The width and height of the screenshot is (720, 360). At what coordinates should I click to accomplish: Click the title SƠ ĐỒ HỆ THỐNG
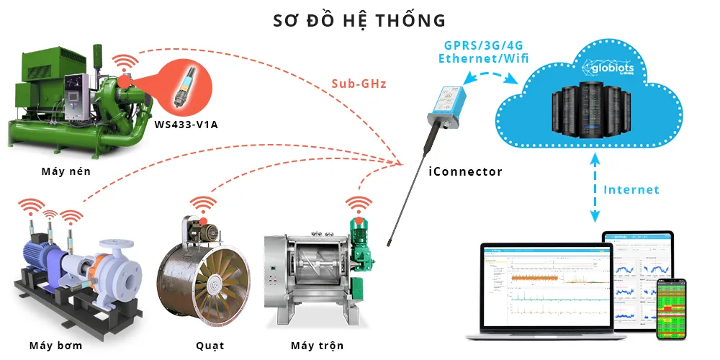[359, 19]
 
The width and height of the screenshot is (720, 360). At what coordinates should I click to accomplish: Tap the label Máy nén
[66, 171]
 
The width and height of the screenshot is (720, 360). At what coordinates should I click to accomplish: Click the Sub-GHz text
[359, 84]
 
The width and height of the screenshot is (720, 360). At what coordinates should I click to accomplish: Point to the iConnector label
[466, 171]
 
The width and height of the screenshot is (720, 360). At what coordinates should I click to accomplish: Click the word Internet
[631, 190]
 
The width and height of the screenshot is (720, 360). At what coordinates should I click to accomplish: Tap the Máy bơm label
[56, 346]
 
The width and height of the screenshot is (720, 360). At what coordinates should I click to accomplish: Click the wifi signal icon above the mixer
[359, 203]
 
